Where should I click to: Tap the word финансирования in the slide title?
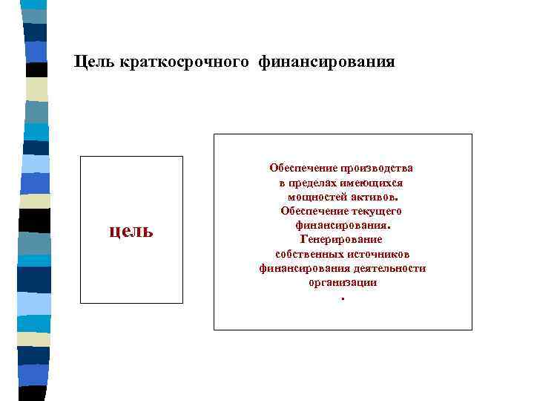coord(326,62)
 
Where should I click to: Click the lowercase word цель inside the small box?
coord(131,230)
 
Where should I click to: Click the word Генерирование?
coord(341,239)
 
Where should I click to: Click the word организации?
coord(343,282)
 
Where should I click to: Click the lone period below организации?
coord(343,299)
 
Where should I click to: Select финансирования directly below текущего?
coord(341,225)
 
